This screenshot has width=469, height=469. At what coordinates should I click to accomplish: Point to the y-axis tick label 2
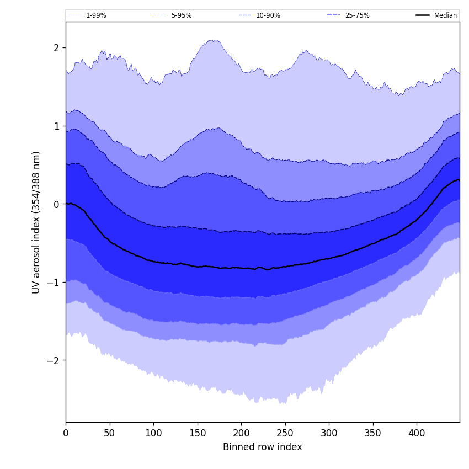click(56, 48)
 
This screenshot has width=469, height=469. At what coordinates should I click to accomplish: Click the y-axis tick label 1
click(56, 126)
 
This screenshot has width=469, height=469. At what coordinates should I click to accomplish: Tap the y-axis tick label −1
click(54, 282)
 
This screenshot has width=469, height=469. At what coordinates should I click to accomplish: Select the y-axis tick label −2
click(54, 360)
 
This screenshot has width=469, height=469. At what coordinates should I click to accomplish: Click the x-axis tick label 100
click(153, 434)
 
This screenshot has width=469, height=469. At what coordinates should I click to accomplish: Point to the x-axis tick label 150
click(198, 434)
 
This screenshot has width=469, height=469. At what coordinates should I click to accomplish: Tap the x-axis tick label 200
click(241, 434)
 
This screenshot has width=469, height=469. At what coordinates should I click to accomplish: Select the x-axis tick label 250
click(285, 434)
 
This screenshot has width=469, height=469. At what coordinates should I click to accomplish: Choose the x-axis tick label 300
click(329, 434)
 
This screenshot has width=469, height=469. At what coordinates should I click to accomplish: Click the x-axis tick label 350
click(373, 434)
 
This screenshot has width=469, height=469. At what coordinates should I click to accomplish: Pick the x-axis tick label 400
click(417, 434)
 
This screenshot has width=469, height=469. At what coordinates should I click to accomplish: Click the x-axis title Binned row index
click(263, 447)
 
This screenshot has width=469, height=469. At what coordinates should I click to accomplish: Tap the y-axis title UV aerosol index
click(36, 222)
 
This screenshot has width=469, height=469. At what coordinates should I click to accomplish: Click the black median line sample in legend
click(423, 15)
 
